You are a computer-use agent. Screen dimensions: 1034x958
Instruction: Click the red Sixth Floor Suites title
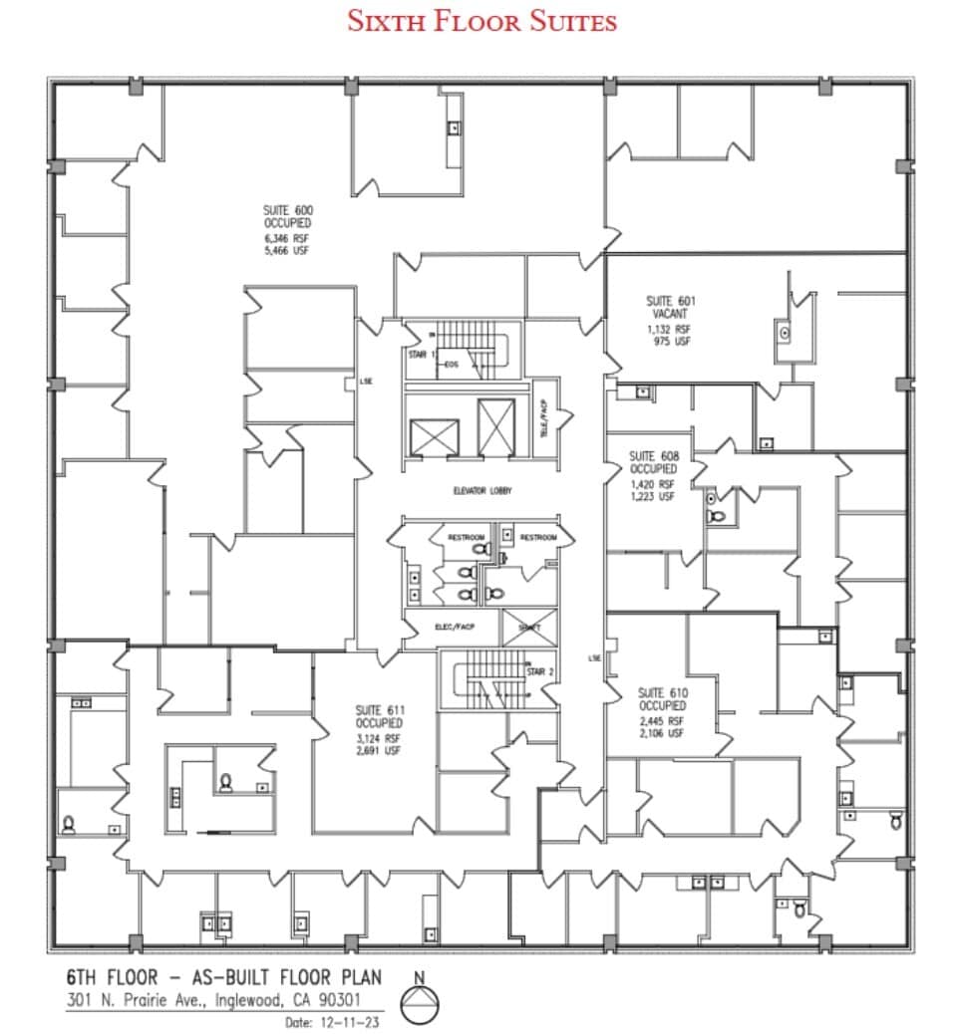[x=481, y=21]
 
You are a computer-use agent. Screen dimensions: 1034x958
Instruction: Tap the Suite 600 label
[x=287, y=211]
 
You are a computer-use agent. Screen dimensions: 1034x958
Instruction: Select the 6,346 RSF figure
[x=287, y=240]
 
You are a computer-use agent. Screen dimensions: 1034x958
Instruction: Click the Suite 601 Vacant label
[x=671, y=307]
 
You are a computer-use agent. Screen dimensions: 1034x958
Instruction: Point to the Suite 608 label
[x=653, y=457]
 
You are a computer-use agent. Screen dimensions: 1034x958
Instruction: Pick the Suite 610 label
[x=663, y=692]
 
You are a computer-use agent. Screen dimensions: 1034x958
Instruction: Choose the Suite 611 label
[x=379, y=710]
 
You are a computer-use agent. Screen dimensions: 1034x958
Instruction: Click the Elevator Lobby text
[x=481, y=491]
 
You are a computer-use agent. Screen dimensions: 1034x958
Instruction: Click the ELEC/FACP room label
[x=454, y=627]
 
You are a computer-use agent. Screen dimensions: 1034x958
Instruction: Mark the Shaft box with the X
[x=522, y=628]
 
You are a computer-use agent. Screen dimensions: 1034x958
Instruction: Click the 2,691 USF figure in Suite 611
[x=379, y=750]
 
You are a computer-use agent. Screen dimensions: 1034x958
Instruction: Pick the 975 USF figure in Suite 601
[x=671, y=342]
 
